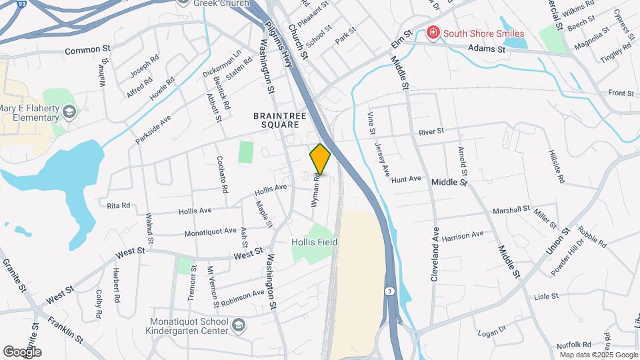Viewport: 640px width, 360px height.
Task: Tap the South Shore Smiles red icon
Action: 433,33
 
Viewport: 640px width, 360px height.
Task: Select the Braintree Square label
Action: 279,120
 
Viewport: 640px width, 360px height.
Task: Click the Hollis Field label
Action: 315,243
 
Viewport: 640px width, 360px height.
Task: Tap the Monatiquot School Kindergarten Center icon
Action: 239,325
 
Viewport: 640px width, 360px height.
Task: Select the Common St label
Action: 87,50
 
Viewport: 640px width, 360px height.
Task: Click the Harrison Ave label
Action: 462,235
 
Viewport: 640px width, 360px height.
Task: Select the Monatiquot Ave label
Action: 210,231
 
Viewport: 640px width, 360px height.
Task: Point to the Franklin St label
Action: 65,329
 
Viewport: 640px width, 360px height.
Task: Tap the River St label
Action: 431,132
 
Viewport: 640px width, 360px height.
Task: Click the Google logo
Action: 22,351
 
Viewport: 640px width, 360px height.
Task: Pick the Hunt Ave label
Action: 407,179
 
